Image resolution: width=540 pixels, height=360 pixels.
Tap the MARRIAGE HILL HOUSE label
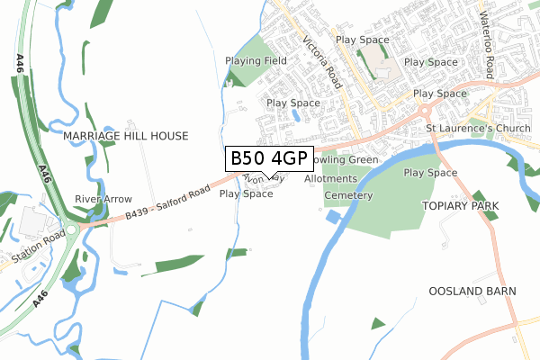tap(126, 136)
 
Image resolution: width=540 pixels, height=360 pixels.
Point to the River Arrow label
tap(103, 199)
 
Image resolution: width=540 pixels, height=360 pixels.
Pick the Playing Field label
tap(256, 61)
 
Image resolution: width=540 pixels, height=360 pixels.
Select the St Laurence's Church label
tap(478, 129)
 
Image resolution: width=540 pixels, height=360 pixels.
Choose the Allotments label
tap(331, 179)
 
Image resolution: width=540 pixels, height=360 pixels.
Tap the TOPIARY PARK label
tap(459, 206)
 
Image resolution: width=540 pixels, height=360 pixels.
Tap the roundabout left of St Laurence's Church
tap(426, 112)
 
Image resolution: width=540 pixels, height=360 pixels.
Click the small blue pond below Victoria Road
tap(296, 114)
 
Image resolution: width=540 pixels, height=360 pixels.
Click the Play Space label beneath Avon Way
tap(246, 194)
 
